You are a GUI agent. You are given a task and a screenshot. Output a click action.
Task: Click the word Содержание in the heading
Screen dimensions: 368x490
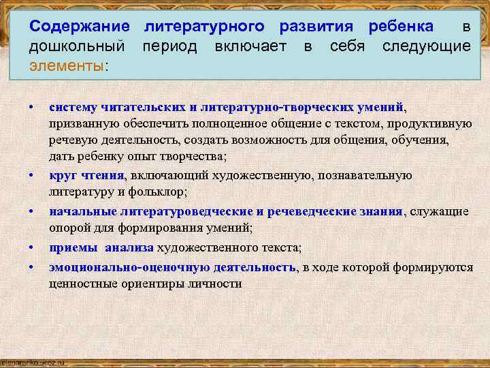click(x=80, y=27)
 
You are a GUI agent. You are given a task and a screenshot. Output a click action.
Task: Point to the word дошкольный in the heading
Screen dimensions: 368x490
click(x=77, y=46)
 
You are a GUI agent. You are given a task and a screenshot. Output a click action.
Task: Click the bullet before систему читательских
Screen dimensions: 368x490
click(x=31, y=108)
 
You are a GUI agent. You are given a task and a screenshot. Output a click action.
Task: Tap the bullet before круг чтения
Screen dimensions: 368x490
click(x=31, y=175)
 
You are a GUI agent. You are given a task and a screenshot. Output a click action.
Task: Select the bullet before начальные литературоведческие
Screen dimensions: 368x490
click(x=31, y=211)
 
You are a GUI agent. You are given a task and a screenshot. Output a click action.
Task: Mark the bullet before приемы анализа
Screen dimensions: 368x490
click(x=31, y=247)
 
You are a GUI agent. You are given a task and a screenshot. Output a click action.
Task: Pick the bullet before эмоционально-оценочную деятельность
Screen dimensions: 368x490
click(x=31, y=266)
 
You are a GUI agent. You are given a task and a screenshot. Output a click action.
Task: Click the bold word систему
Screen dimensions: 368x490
click(x=74, y=107)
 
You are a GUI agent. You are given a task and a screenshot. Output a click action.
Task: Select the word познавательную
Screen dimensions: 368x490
click(x=365, y=175)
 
